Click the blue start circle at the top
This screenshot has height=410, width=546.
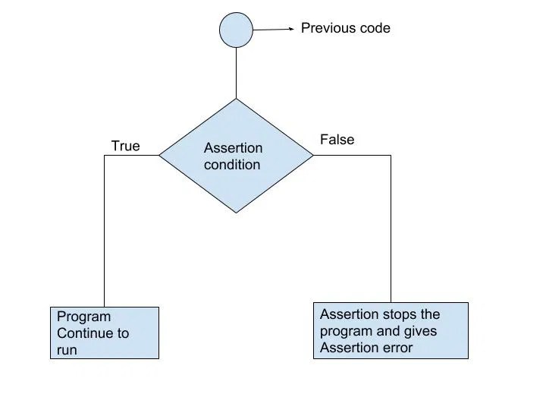(x=236, y=30)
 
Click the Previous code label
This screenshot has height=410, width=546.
(x=346, y=28)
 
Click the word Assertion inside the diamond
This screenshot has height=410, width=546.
(x=233, y=148)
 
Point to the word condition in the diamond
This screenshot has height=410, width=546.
(x=232, y=164)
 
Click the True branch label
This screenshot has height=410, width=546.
(x=125, y=146)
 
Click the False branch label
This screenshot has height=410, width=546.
(x=337, y=140)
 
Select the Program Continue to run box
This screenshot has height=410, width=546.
(x=105, y=333)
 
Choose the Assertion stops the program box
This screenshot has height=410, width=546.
(x=391, y=330)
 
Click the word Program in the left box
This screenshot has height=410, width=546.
(x=83, y=317)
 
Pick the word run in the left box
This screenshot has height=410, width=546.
(x=67, y=350)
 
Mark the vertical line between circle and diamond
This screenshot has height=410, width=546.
(x=236, y=73)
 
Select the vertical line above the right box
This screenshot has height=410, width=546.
(x=391, y=228)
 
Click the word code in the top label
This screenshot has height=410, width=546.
(x=375, y=28)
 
